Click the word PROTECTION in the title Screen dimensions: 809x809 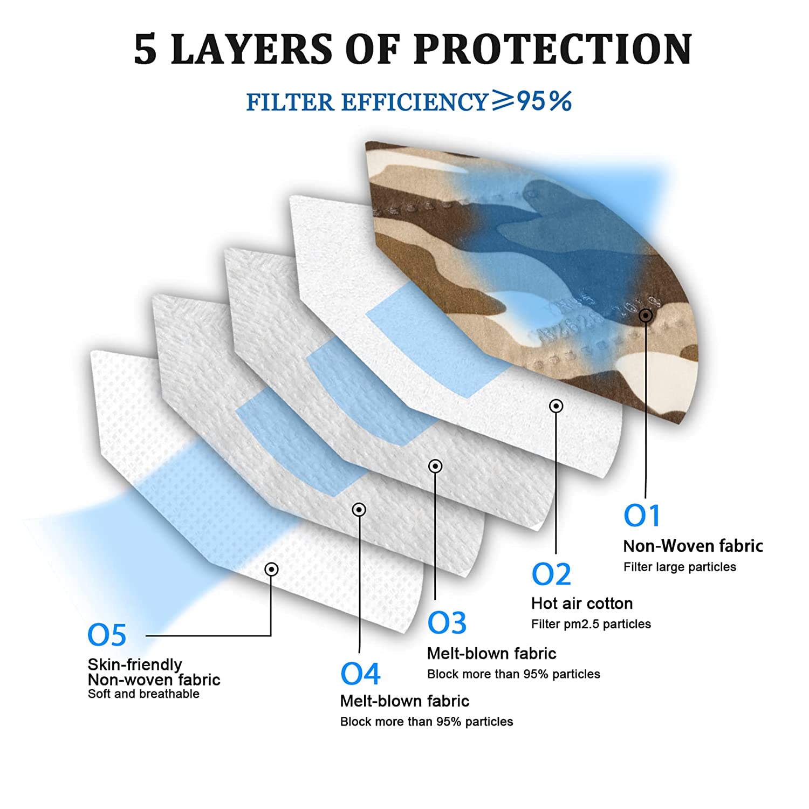click(553, 49)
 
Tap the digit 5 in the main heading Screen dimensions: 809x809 click(146, 50)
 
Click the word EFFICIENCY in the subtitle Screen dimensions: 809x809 click(415, 102)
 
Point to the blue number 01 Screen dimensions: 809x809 click(642, 516)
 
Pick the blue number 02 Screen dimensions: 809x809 click(551, 574)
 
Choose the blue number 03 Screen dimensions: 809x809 click(447, 623)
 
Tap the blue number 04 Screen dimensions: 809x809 click(360, 674)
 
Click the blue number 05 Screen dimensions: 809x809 click(107, 635)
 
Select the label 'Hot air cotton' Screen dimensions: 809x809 click(582, 603)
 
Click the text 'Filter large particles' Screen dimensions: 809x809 click(680, 567)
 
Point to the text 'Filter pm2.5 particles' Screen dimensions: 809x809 click(591, 624)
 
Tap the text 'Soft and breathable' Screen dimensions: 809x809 click(143, 694)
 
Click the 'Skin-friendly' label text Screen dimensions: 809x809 click(135, 664)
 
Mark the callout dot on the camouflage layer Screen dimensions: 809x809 click(646, 316)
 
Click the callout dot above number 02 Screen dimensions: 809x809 click(556, 406)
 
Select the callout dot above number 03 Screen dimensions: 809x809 click(435, 466)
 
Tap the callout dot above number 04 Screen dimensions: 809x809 click(359, 510)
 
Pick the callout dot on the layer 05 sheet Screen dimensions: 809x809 click(271, 569)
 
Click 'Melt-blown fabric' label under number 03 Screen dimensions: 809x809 click(491, 653)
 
